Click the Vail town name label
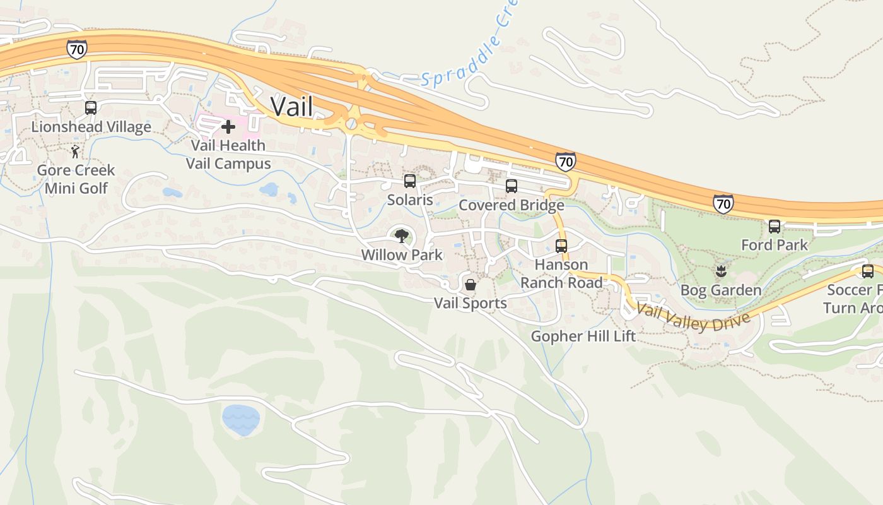[292, 106]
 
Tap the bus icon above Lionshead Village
[91, 108]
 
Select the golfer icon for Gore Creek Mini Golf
[76, 151]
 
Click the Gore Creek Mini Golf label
[76, 179]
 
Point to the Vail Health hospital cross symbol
[228, 128]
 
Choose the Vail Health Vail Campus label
[228, 155]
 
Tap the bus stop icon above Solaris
[410, 182]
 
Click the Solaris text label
[410, 200]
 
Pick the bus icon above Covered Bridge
[512, 186]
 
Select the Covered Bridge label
[512, 205]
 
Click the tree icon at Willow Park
[401, 237]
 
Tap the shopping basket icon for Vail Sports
[471, 285]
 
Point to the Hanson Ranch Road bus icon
[561, 246]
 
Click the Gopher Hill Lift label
[583, 336]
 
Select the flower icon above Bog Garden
[720, 272]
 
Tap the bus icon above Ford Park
[775, 227]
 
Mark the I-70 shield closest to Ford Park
[723, 203]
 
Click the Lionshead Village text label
[91, 127]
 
